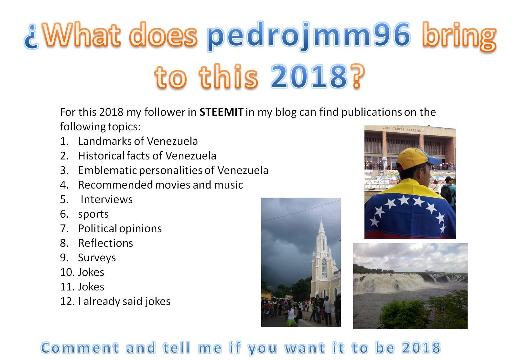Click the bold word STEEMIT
coord(222,112)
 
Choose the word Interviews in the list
coord(106,200)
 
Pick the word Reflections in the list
coord(106,243)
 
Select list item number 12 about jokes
coord(115,301)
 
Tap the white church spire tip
coord(321,218)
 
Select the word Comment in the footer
coord(80,348)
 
